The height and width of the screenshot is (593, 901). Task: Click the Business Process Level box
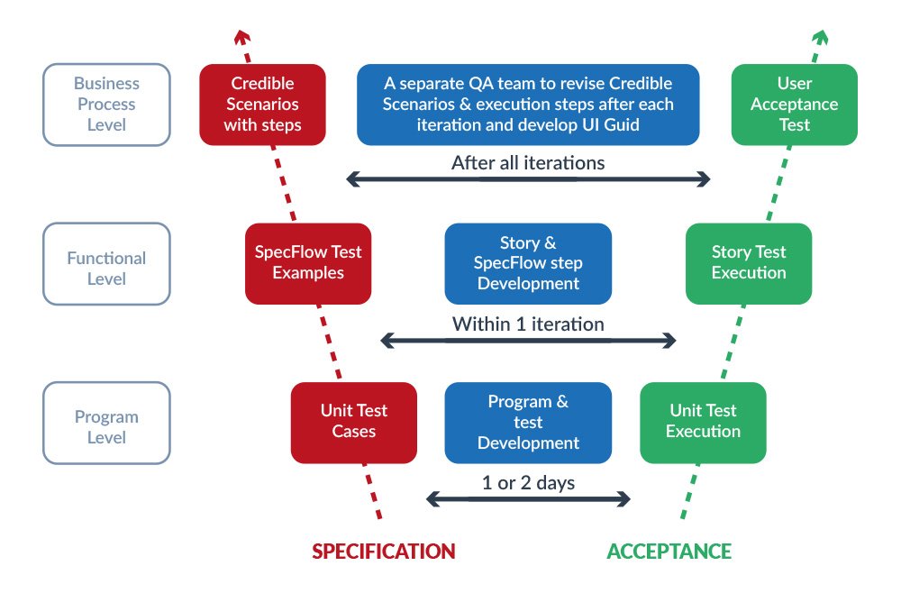click(106, 105)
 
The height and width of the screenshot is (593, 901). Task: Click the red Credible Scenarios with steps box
click(262, 105)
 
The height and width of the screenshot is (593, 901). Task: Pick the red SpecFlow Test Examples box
click(308, 262)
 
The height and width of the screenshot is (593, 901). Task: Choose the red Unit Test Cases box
click(353, 422)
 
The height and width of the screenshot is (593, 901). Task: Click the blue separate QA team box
click(528, 105)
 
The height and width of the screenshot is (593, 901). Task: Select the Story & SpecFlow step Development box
click(528, 263)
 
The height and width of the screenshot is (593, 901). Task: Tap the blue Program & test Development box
click(528, 422)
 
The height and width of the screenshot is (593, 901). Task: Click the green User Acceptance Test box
click(794, 105)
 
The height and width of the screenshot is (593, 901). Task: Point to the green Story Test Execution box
click(748, 262)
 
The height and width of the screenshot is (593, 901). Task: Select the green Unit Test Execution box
click(703, 422)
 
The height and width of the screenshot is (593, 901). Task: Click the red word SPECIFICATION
click(384, 552)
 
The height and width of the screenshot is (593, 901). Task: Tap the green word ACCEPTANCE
click(669, 552)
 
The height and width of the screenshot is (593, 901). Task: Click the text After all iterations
click(528, 163)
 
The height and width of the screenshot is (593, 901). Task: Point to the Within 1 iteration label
click(528, 324)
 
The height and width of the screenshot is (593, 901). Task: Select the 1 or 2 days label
click(528, 483)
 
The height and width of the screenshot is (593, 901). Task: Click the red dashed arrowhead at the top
click(241, 36)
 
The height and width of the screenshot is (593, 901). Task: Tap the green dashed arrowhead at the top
click(820, 36)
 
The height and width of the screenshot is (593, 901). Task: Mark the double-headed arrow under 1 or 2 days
click(528, 499)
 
